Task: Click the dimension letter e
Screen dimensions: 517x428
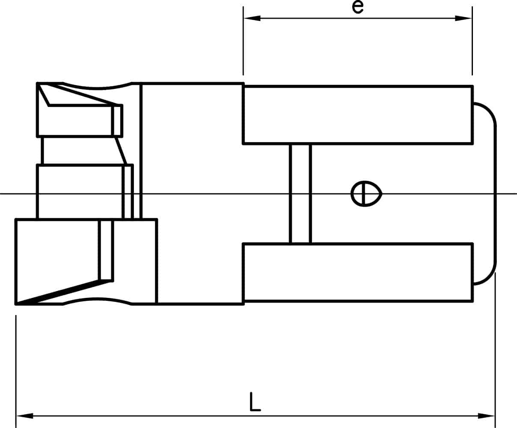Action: (357, 7)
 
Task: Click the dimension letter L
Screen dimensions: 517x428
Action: (255, 401)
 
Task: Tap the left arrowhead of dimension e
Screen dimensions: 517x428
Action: (252, 18)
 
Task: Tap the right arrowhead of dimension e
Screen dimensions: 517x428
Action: (463, 18)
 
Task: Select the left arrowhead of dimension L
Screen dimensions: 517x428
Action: (25, 416)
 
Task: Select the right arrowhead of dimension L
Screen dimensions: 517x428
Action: (486, 416)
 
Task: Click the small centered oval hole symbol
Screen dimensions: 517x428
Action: (366, 194)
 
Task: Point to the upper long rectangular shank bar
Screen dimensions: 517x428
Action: (358, 115)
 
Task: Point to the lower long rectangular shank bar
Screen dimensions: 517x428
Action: (358, 273)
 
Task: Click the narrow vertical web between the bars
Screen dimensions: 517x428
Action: (300, 194)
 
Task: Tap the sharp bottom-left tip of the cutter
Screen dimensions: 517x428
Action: (16, 303)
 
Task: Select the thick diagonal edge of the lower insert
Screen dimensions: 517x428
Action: (64, 292)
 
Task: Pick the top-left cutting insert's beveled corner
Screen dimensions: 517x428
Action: (43, 94)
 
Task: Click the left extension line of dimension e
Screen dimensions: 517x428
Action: (243, 41)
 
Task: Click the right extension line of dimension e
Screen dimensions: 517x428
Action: (472, 41)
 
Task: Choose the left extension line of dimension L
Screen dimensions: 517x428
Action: (16, 372)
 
